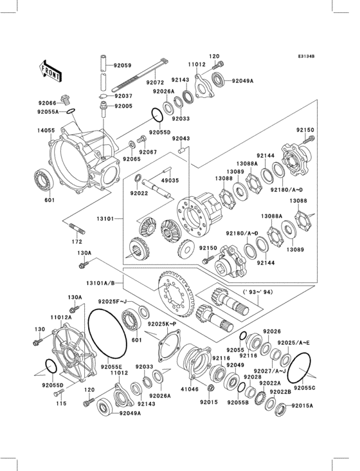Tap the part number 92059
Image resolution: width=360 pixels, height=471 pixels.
click(x=122, y=66)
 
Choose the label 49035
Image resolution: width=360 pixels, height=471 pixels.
click(x=170, y=181)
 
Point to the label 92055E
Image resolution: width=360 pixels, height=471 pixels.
click(x=111, y=366)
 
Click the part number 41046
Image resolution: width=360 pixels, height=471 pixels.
click(x=172, y=389)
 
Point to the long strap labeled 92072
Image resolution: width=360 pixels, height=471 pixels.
click(x=138, y=75)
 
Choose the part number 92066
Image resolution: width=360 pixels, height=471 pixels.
click(x=47, y=102)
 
